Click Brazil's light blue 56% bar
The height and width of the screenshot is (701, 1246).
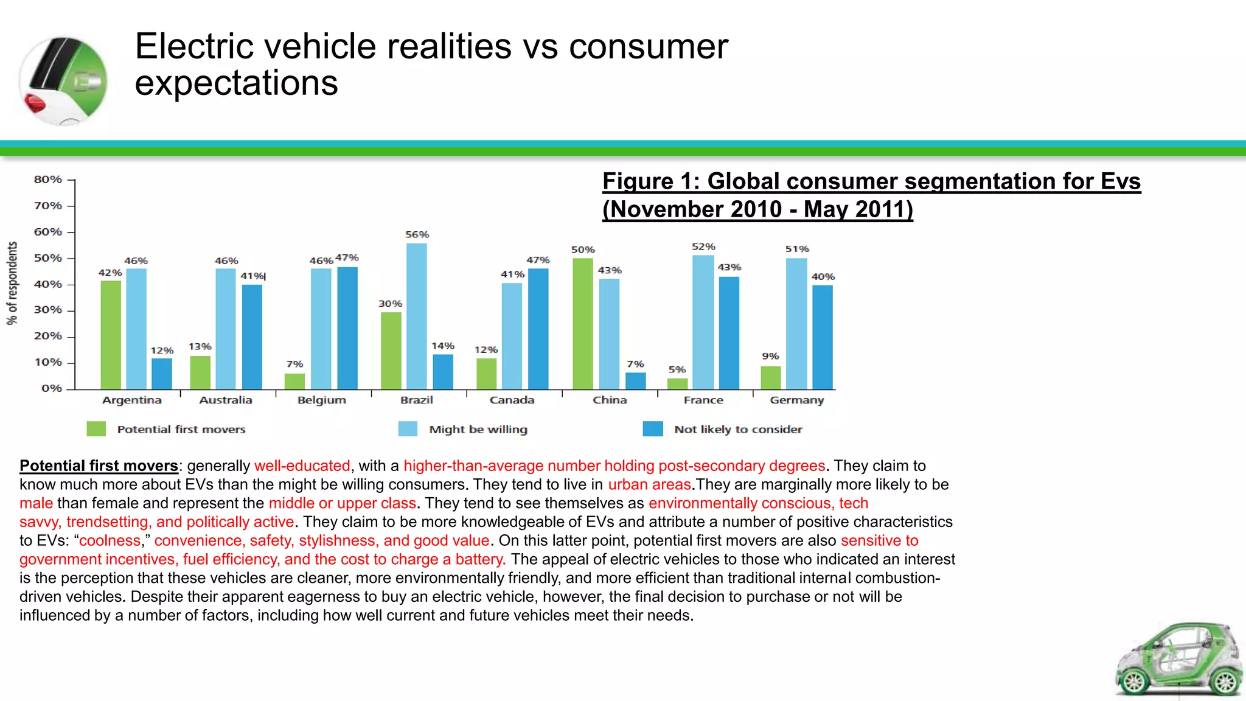click(417, 316)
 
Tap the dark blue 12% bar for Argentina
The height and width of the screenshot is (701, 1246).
click(161, 374)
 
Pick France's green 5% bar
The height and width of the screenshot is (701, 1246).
click(677, 384)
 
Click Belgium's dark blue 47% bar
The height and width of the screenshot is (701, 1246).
click(347, 328)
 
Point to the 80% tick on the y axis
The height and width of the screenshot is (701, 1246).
click(48, 180)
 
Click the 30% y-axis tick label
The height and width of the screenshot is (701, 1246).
click(48, 310)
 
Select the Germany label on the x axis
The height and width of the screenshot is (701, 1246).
click(796, 400)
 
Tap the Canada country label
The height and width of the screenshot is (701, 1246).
click(512, 400)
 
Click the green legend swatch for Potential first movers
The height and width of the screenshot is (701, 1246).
click(96, 429)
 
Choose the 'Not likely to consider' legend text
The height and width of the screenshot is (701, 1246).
click(738, 430)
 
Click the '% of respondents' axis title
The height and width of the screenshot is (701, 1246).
click(12, 284)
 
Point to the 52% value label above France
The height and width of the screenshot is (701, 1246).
click(703, 246)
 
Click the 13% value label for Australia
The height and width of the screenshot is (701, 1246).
click(200, 347)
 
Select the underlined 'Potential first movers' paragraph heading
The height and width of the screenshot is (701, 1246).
click(99, 466)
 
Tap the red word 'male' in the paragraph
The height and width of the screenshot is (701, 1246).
click(36, 503)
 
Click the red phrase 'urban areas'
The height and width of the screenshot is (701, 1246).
click(649, 485)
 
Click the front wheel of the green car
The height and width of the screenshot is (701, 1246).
click(1134, 681)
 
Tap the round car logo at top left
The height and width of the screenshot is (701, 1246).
click(63, 80)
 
